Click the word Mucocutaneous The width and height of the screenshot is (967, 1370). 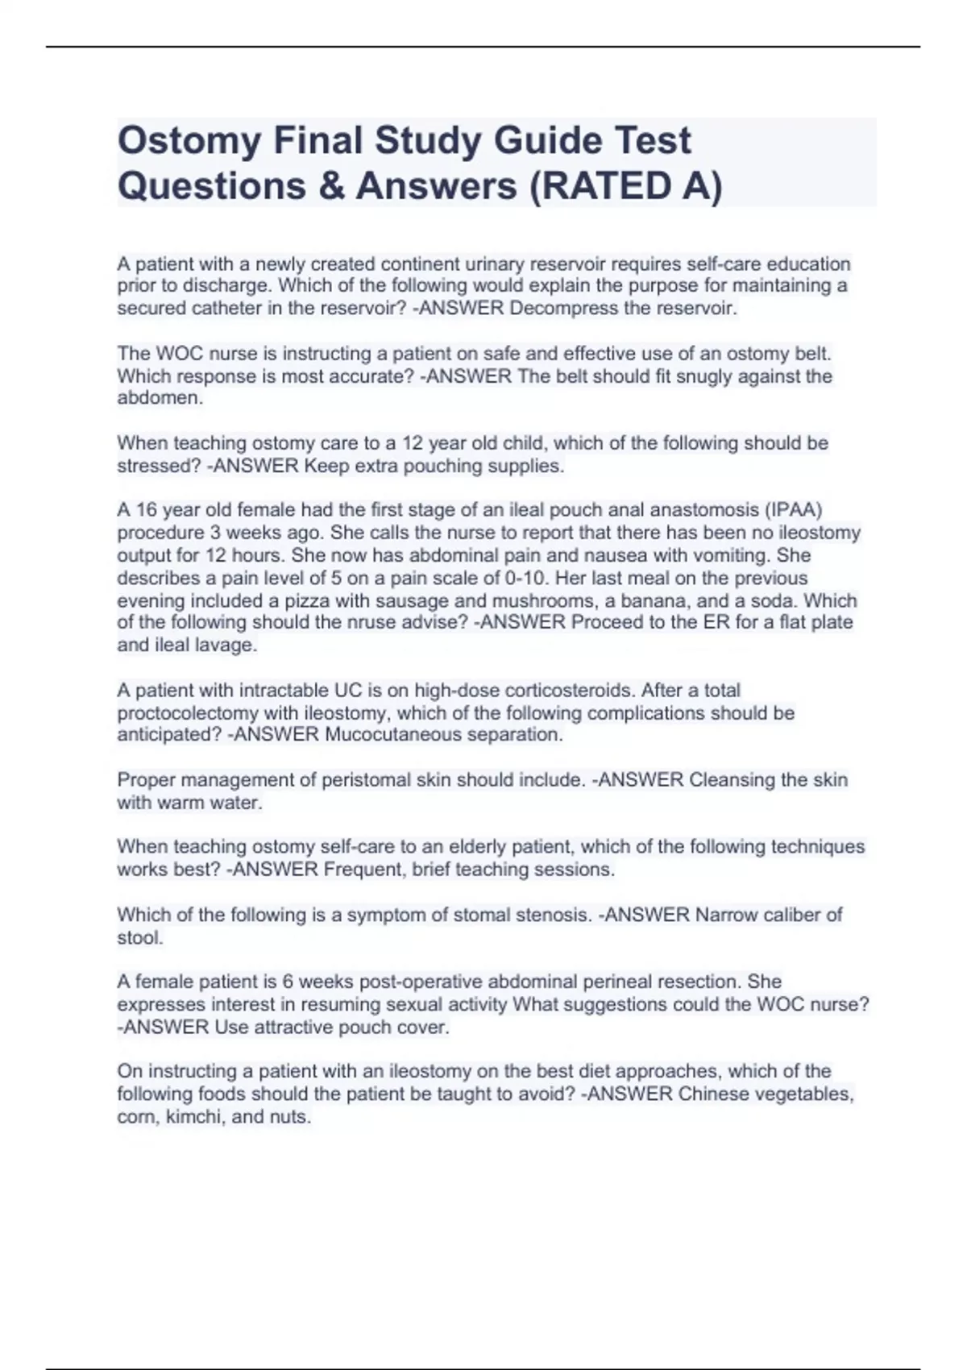click(x=393, y=735)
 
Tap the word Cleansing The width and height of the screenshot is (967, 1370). click(x=732, y=780)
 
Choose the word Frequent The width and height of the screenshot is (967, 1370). click(x=363, y=870)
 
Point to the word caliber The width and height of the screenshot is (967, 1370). click(x=791, y=915)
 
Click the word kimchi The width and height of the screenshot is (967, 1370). click(x=192, y=1117)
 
